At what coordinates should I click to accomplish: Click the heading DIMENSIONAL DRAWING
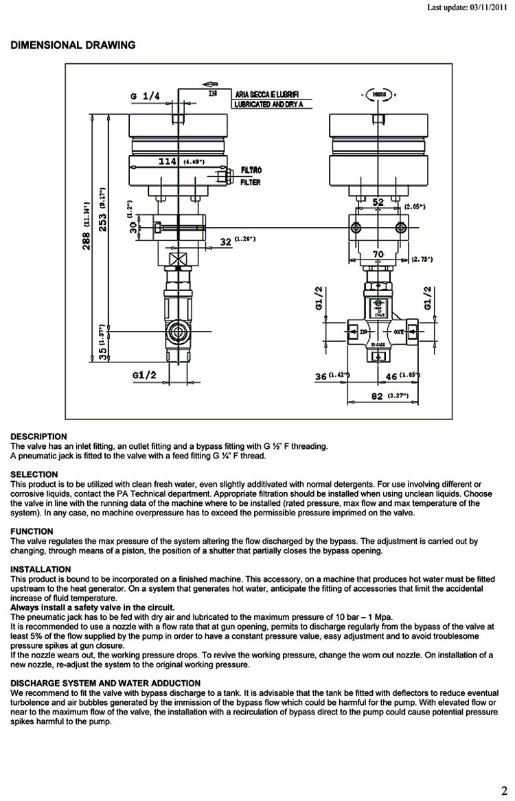pos(73,45)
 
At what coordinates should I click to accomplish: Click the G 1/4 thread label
pos(144,96)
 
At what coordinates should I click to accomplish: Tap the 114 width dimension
pos(168,161)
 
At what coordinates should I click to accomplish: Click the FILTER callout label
pos(250,183)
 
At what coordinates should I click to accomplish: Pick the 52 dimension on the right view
pos(377,202)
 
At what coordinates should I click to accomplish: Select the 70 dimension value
pos(378,255)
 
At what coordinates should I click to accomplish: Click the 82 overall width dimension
pos(377,396)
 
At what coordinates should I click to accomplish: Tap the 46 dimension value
pos(392,375)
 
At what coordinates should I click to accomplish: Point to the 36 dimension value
pos(321,376)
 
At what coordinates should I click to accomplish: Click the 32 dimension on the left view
pos(225,241)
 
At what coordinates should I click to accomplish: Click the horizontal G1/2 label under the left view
pos(144,375)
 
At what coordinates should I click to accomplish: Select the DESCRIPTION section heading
pos(39,437)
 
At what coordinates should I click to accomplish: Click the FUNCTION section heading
pos(32,531)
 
